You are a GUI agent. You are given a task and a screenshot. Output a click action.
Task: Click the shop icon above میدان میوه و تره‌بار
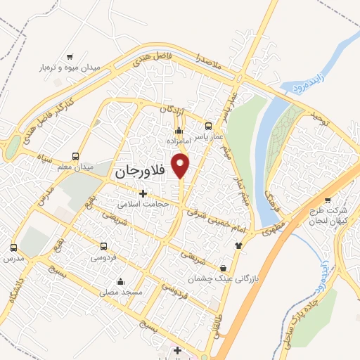click(70, 57)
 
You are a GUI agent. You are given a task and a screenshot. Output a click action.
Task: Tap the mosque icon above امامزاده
click(179, 130)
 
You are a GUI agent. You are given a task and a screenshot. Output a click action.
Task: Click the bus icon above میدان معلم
click(76, 156)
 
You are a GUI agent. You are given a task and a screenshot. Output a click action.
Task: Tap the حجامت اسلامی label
click(143, 204)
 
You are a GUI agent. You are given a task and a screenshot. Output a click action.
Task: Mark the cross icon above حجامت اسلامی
click(143, 193)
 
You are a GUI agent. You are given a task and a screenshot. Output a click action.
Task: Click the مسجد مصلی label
click(122, 291)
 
